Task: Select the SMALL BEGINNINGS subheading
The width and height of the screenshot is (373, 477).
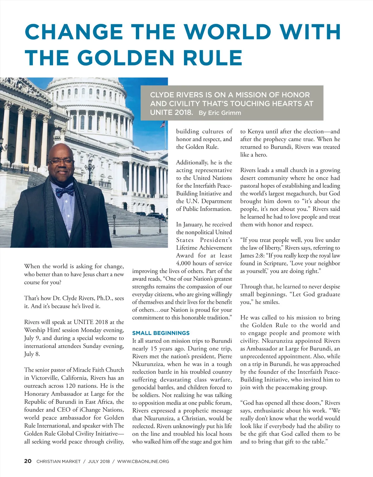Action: click(x=161, y=333)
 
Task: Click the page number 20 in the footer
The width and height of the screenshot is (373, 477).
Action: click(x=28, y=461)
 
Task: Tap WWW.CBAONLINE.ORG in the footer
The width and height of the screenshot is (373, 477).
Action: click(x=143, y=461)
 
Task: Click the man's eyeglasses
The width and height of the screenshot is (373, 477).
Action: click(x=61, y=162)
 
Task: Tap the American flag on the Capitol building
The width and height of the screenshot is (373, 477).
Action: click(x=162, y=124)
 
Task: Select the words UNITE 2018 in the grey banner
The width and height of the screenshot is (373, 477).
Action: click(x=171, y=112)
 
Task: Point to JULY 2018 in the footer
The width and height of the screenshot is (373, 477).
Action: click(x=99, y=461)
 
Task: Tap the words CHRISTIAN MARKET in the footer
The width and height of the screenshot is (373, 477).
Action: click(x=58, y=461)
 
